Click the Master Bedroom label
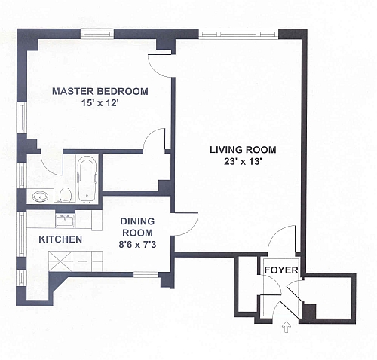click(100, 91)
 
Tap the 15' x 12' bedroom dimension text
click(100, 103)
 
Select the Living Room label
click(243, 150)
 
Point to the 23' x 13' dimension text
click(243, 161)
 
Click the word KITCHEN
click(60, 239)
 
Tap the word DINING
click(137, 221)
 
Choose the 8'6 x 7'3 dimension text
click(137, 244)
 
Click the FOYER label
click(281, 270)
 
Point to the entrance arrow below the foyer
click(287, 328)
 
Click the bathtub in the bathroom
click(87, 178)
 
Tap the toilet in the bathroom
click(66, 194)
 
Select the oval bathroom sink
click(40, 196)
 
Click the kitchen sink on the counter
click(65, 221)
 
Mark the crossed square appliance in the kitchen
click(60, 261)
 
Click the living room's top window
click(238, 34)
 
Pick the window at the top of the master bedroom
click(97, 34)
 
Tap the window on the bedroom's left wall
click(22, 117)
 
